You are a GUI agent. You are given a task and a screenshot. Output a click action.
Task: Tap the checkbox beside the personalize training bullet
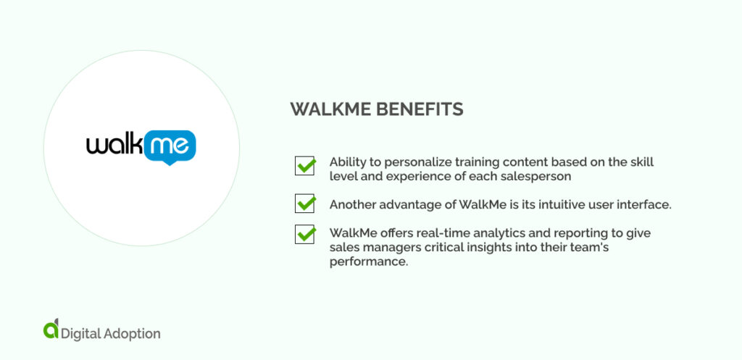[304, 166]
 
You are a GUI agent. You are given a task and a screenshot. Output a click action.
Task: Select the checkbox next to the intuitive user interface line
[304, 204]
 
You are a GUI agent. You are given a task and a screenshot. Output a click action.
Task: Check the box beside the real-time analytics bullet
[304, 235]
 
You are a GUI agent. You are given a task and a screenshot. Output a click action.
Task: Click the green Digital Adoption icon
[50, 330]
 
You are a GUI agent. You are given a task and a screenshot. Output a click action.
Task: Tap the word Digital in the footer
[81, 334]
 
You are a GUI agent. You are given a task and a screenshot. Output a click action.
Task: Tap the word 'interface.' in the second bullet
[644, 205]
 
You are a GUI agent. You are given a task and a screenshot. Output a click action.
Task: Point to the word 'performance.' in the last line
[369, 261]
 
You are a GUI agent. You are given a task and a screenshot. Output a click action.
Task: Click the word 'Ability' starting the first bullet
[348, 162]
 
